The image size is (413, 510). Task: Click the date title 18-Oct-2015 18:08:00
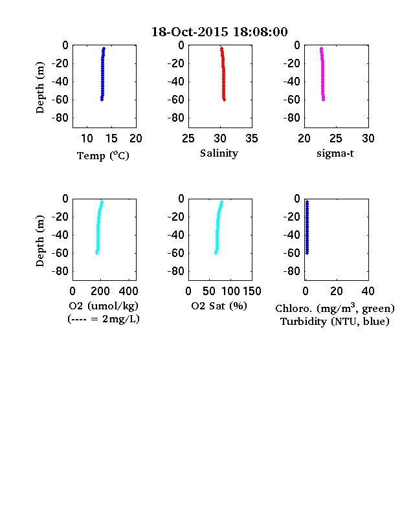[219, 32]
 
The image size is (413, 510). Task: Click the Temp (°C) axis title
[103, 156]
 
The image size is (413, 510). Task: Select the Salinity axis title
[219, 153]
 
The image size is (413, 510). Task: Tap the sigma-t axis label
[335, 153]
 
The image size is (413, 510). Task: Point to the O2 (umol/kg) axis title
[104, 306]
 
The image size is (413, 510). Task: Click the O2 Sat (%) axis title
[219, 306]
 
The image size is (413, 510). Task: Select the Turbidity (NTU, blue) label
[335, 322]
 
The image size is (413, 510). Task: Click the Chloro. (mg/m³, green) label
[335, 308]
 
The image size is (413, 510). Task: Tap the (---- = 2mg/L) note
[104, 319]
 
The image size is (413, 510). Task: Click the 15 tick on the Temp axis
[111, 139]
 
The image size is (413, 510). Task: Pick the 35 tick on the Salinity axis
[252, 139]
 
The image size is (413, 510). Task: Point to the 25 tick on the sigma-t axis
[336, 139]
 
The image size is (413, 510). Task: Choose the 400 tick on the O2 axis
[128, 291]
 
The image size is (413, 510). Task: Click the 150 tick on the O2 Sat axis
[252, 291]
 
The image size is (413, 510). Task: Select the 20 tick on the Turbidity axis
[337, 291]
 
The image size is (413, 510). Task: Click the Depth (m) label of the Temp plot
[39, 87]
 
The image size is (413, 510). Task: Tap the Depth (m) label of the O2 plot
[39, 241]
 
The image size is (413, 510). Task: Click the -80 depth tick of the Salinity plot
[176, 118]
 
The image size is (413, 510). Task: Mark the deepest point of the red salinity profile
[225, 100]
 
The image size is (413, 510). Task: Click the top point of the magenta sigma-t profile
[321, 49]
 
